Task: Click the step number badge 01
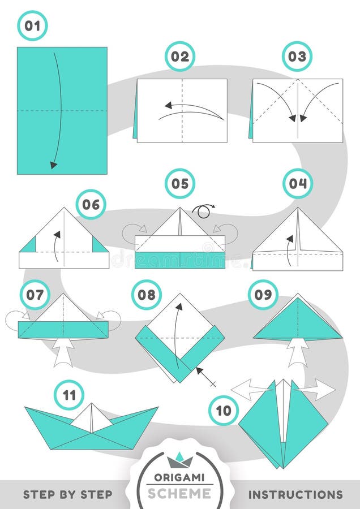pyautogui.click(x=32, y=26)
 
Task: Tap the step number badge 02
pyautogui.click(x=180, y=57)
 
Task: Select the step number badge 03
pyautogui.click(x=297, y=57)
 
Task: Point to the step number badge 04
pyautogui.click(x=298, y=184)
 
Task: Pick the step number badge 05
pyautogui.click(x=180, y=184)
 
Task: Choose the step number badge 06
pyautogui.click(x=91, y=204)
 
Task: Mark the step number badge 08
pyautogui.click(x=147, y=295)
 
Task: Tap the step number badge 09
pyautogui.click(x=263, y=295)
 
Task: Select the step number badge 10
pyautogui.click(x=224, y=410)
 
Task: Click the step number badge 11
pyautogui.click(x=69, y=395)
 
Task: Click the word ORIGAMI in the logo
pyautogui.click(x=180, y=477)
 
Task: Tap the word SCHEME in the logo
pyautogui.click(x=180, y=494)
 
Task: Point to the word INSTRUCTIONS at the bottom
pyautogui.click(x=295, y=494)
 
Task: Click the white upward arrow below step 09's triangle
pyautogui.click(x=298, y=353)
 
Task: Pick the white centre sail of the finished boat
pyautogui.click(x=91, y=418)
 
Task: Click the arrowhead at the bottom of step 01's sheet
pyautogui.click(x=54, y=165)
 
